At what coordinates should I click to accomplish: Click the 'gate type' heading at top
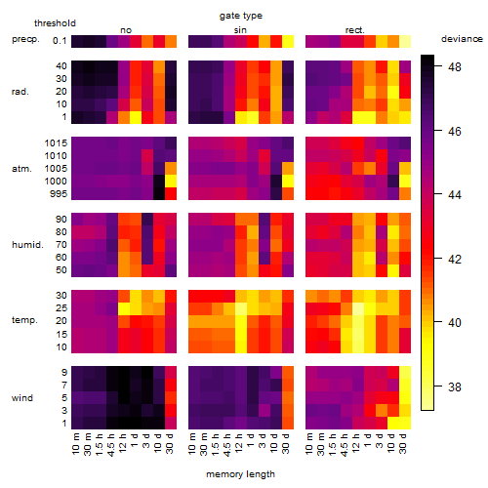[241, 16]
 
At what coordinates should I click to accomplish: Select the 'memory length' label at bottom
[240, 474]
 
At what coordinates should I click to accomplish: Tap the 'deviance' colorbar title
[462, 39]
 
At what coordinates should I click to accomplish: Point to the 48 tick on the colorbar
[455, 66]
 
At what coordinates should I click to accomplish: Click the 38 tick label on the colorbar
[455, 386]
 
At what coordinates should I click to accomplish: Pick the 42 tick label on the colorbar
[455, 259]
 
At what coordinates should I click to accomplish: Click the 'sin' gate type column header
[240, 30]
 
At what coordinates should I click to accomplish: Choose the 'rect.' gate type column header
[354, 30]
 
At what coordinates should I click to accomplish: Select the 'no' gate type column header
[126, 30]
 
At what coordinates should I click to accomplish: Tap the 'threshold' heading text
[55, 23]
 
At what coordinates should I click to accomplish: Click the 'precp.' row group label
[25, 39]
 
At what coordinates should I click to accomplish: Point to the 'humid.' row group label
[27, 245]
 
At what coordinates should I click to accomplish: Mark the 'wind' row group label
[22, 398]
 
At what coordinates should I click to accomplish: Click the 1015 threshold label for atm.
[56, 143]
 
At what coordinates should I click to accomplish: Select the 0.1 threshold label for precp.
[60, 41]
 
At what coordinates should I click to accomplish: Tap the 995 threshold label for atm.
[59, 194]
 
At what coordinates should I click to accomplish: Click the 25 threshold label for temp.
[61, 308]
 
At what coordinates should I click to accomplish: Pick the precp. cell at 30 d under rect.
[405, 41]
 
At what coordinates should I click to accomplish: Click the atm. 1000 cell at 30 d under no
[171, 182]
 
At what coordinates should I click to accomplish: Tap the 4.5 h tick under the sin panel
[227, 445]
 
